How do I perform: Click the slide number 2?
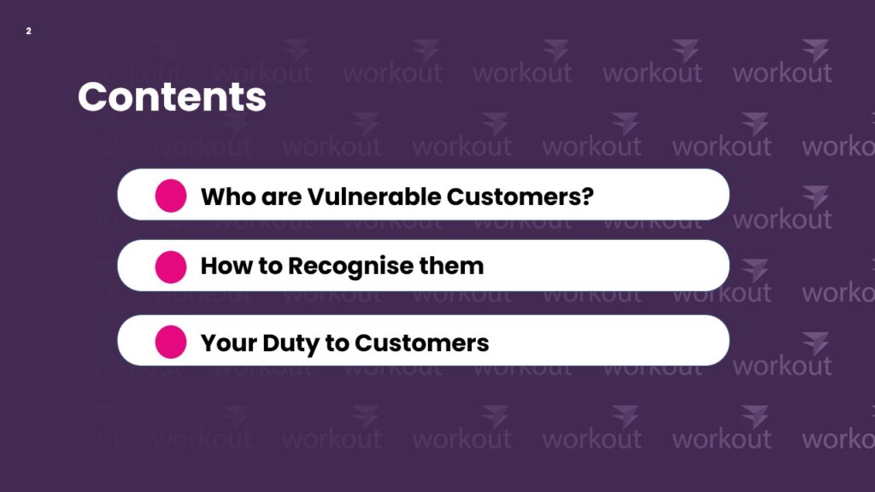tap(28, 32)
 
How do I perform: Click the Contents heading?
tap(172, 97)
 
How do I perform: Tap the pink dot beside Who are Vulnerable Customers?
tap(171, 196)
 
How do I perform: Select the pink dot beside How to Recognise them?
tap(171, 266)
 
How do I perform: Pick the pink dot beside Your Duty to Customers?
tap(171, 342)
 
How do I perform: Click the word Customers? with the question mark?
tap(520, 196)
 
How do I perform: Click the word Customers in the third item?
tap(421, 343)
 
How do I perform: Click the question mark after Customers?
tap(587, 196)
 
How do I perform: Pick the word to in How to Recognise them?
tap(270, 266)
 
